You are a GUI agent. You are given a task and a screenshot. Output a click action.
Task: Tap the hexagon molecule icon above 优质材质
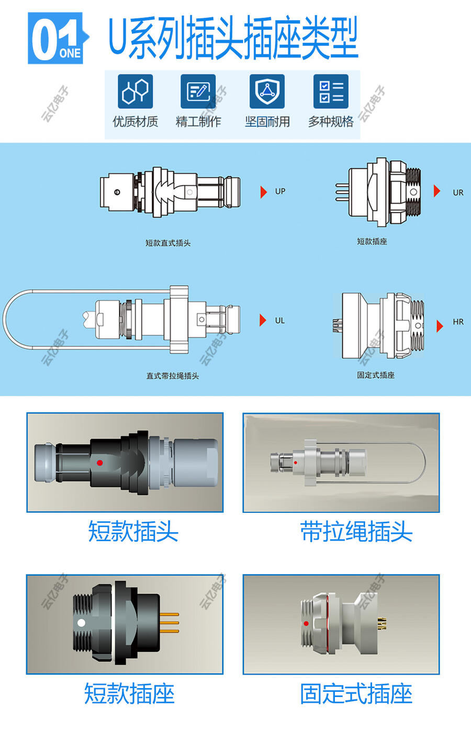click(135, 91)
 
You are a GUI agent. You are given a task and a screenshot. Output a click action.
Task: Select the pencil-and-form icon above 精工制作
click(198, 91)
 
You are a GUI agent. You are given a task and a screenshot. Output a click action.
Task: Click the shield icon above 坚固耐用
click(267, 91)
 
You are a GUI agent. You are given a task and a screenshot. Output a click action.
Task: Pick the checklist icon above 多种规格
click(331, 91)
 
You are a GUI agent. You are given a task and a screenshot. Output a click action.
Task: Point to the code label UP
click(281, 192)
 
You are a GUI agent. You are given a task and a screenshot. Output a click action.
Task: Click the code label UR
click(458, 193)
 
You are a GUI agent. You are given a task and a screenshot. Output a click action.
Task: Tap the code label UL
click(280, 321)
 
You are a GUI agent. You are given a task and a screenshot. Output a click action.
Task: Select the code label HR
click(458, 322)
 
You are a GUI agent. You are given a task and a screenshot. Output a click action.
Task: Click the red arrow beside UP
click(263, 192)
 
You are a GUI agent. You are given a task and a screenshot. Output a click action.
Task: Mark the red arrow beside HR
click(440, 326)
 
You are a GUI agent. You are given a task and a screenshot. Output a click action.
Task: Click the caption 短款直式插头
click(168, 243)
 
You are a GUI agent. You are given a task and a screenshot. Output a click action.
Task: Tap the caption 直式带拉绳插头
click(172, 376)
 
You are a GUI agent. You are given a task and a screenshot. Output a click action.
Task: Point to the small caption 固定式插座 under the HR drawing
click(376, 375)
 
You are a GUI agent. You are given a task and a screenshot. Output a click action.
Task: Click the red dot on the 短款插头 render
click(100, 463)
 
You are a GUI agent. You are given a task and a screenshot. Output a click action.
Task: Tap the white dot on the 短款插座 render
click(81, 623)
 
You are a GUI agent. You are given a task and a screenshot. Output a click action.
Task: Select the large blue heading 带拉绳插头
click(356, 531)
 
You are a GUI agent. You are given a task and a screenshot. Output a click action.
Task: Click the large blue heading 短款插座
click(129, 694)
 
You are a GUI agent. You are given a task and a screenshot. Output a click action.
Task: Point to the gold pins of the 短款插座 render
click(170, 622)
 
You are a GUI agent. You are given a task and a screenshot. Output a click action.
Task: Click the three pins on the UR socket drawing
click(342, 192)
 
